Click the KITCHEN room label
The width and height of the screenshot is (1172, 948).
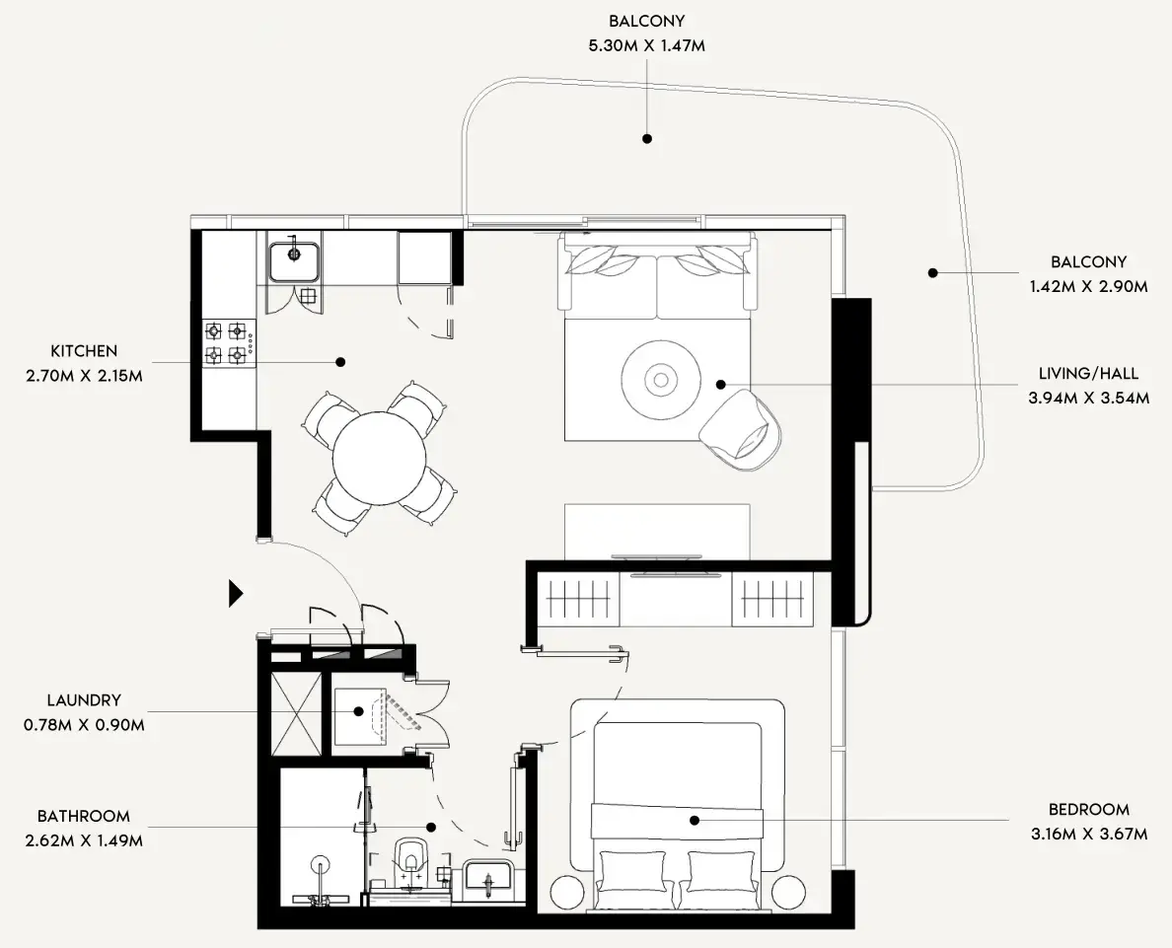tap(84, 350)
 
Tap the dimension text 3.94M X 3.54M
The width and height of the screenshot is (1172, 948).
tap(1088, 399)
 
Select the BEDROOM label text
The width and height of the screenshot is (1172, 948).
tap(1089, 809)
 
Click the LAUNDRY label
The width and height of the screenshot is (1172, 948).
tap(84, 700)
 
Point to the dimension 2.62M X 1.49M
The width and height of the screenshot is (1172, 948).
tap(84, 841)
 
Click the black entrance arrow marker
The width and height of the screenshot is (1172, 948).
tap(236, 592)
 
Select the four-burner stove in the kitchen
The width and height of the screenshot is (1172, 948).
tap(226, 342)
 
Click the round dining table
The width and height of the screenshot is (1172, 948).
tap(379, 458)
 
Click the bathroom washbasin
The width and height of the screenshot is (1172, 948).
tap(486, 875)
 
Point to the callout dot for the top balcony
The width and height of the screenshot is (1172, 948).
tap(647, 139)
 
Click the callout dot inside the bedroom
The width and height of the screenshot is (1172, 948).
tap(695, 820)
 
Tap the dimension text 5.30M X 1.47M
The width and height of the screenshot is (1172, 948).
tap(647, 45)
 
